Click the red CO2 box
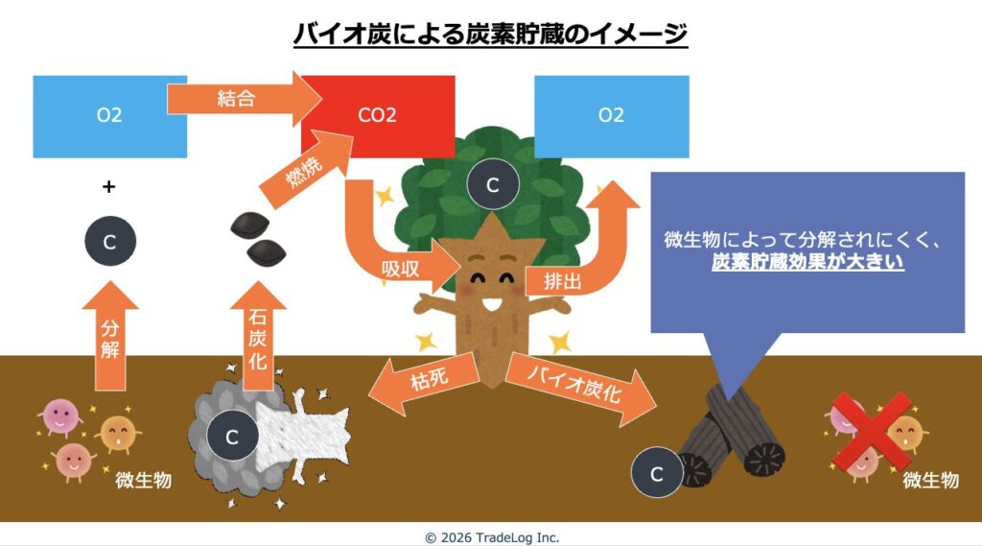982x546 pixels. [378, 116]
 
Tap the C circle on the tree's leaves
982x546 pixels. [493, 185]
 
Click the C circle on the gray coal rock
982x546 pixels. [231, 437]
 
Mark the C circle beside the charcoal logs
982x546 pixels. [657, 473]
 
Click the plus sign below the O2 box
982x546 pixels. [109, 187]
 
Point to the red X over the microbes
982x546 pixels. [870, 432]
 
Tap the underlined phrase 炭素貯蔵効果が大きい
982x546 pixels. [808, 262]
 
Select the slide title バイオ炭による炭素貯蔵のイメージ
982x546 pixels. [490, 35]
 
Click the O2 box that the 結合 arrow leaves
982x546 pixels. [109, 116]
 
